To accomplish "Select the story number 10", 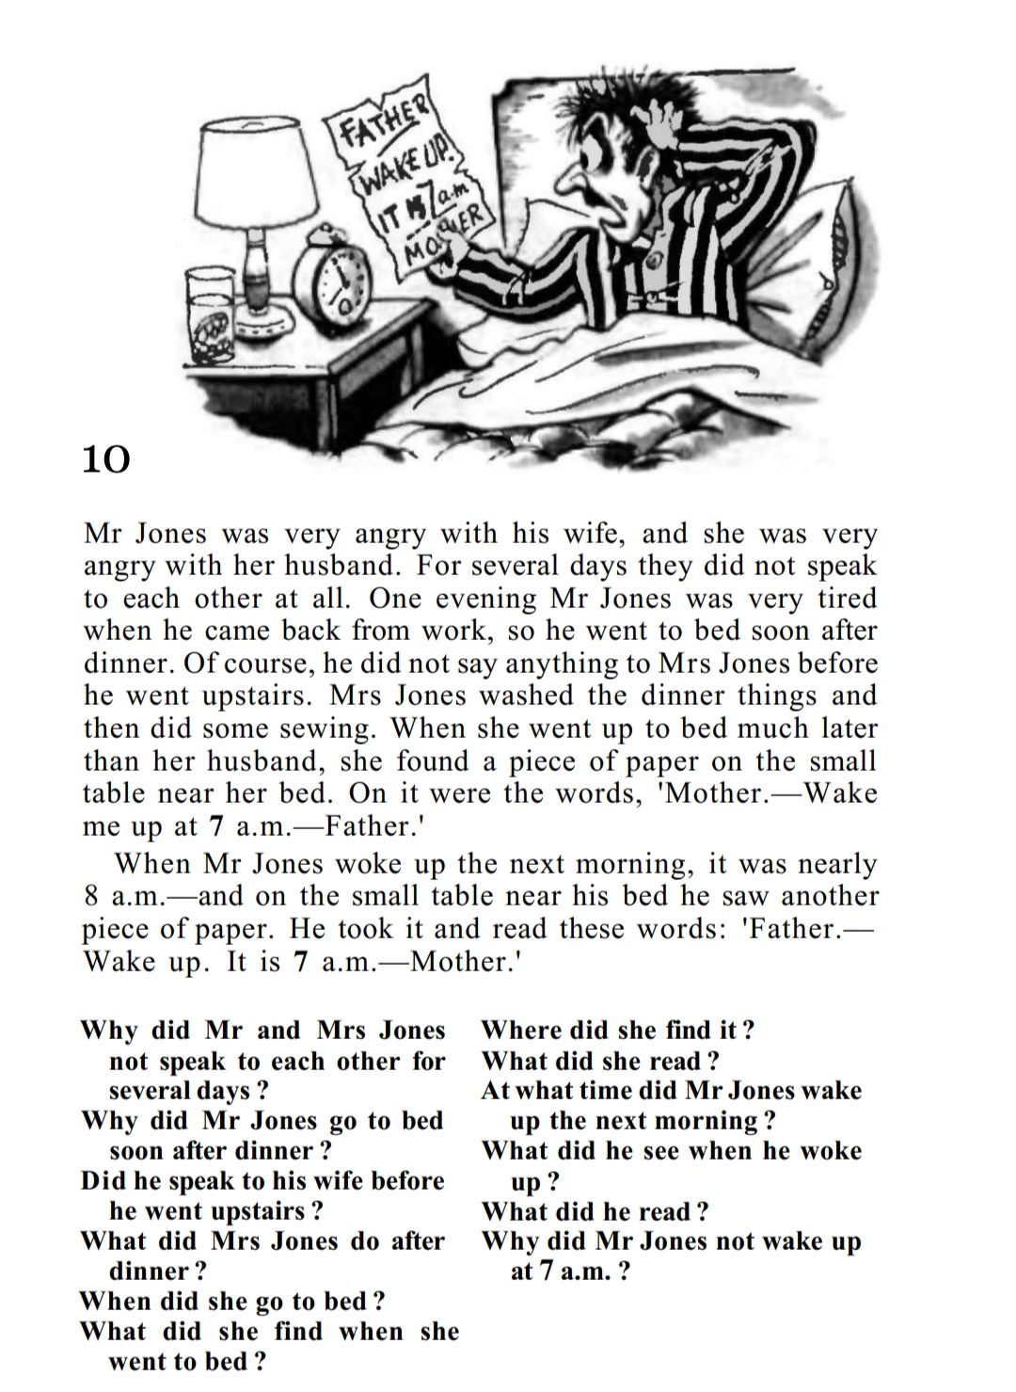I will coord(105,459).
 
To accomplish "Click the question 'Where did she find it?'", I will coord(617,1030).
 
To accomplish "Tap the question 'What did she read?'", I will coord(600,1061).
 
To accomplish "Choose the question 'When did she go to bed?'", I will coord(232,1302).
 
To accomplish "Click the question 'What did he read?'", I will coord(595,1211).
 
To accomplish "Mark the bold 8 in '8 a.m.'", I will coord(92,896).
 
